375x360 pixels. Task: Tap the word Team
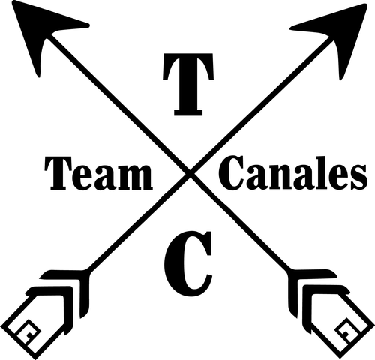[99, 173]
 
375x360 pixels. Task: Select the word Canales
[293, 172]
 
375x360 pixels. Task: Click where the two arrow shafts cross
[190, 173]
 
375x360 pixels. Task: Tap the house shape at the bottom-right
[337, 322]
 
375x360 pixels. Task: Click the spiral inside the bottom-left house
[28, 333]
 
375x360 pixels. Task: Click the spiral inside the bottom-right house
[347, 331]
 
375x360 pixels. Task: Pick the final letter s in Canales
[359, 178]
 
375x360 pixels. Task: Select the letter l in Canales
[322, 173]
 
